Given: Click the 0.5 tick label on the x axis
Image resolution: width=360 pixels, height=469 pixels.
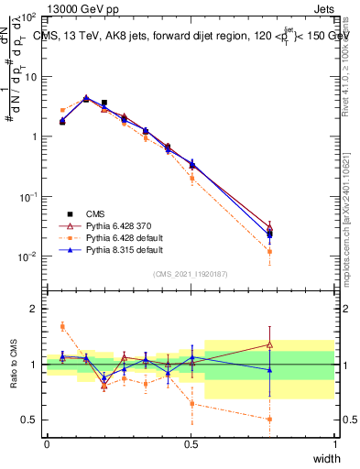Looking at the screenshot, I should [191, 444].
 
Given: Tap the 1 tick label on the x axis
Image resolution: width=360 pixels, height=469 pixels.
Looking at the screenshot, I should [334, 444].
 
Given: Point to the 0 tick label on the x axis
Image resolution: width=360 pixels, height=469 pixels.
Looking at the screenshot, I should [47, 444].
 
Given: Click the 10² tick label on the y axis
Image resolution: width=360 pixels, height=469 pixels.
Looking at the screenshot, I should [29, 18].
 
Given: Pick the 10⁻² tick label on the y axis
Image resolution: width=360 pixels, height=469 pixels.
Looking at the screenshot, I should [29, 256].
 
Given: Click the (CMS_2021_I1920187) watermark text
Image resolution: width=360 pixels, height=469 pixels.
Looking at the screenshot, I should [191, 272].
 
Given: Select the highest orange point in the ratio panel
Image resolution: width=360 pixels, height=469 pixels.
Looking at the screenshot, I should [62, 326].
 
